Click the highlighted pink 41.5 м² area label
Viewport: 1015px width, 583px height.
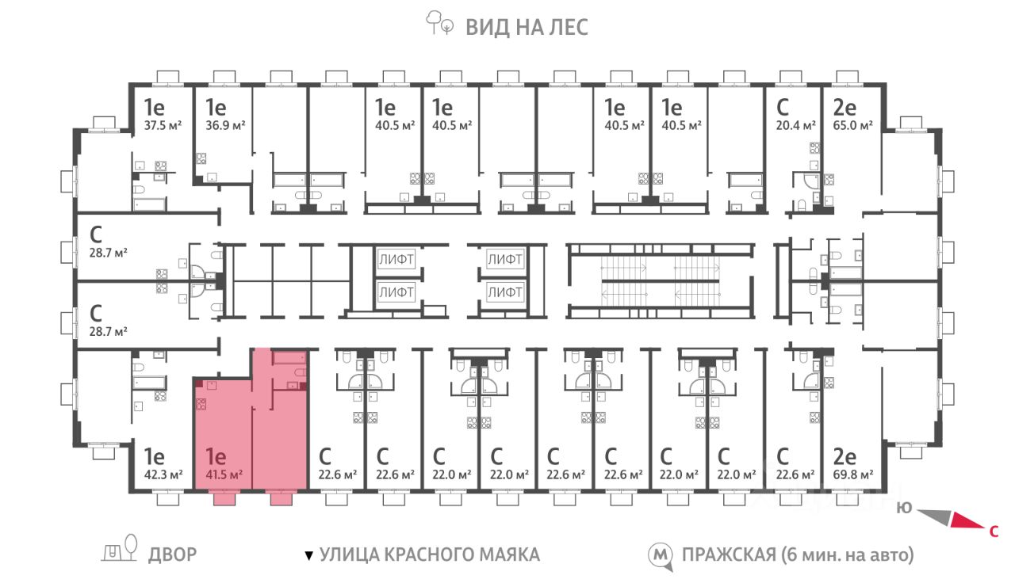pos(224,474)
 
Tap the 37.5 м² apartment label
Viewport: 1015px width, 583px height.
pos(163,125)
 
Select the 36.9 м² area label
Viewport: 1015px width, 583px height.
pos(225,125)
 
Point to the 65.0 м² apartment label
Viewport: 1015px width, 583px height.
pos(852,125)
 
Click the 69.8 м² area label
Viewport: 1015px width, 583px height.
pos(852,474)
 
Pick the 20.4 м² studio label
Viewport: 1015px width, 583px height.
pos(795,125)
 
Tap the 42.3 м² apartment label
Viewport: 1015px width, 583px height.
pos(163,474)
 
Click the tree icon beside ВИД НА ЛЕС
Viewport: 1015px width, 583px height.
pos(439,23)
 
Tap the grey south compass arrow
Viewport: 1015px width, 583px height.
pos(934,516)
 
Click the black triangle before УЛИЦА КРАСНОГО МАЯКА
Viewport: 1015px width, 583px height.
pos(308,555)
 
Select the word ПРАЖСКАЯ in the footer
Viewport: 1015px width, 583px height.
pos(729,554)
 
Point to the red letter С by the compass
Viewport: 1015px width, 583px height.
pos(994,532)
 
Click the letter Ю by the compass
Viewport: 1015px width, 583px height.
pos(905,508)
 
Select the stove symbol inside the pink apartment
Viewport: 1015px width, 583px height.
pos(201,404)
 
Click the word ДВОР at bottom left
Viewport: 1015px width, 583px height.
pos(173,554)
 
